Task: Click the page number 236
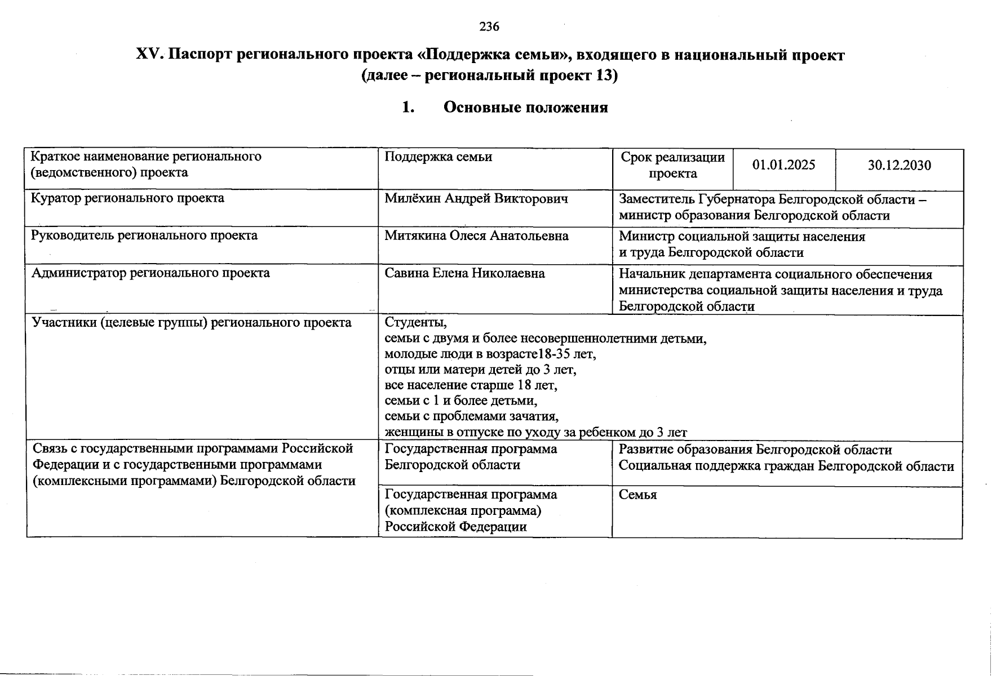click(489, 26)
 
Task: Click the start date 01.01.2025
click(783, 165)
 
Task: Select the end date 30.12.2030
click(899, 165)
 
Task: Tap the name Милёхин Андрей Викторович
click(476, 198)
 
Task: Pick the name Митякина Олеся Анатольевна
click(476, 235)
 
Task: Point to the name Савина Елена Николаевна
click(464, 273)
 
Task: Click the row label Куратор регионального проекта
click(127, 198)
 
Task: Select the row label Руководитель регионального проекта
click(144, 235)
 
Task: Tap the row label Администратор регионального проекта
click(150, 273)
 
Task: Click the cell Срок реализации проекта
click(672, 165)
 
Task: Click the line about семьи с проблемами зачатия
click(471, 416)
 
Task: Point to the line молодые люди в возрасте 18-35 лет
click(490, 354)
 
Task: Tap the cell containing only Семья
click(637, 495)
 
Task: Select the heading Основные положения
click(525, 108)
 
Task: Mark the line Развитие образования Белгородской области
click(755, 450)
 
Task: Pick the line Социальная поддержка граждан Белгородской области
click(786, 466)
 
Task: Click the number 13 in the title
click(603, 75)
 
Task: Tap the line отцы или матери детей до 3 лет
click(480, 370)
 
